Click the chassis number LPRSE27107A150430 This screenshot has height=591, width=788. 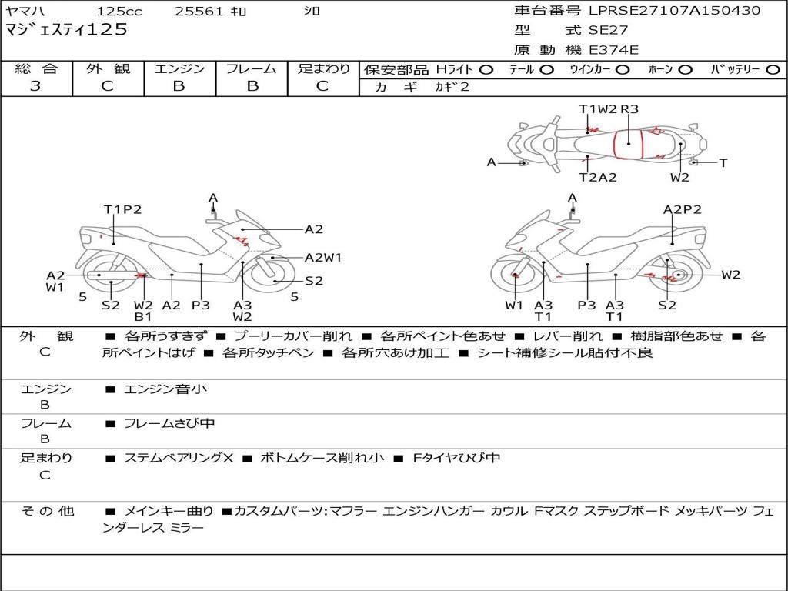tap(674, 11)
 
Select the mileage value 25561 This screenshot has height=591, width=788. tap(199, 12)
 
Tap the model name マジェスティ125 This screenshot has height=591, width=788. tap(66, 31)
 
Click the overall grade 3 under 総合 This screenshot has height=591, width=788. tap(35, 86)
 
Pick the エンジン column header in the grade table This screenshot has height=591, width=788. tap(179, 68)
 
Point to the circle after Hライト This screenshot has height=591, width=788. tap(486, 69)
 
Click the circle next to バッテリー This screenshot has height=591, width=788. tap(773, 69)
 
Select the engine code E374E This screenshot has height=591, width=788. tap(614, 50)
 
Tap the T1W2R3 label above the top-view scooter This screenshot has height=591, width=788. tap(609, 109)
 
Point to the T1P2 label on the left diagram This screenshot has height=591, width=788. tap(123, 209)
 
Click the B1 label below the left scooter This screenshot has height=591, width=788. tap(143, 316)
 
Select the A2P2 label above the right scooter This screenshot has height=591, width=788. tap(683, 209)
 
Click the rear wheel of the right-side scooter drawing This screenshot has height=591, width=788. tap(677, 275)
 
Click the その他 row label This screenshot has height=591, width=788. tap(46, 511)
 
